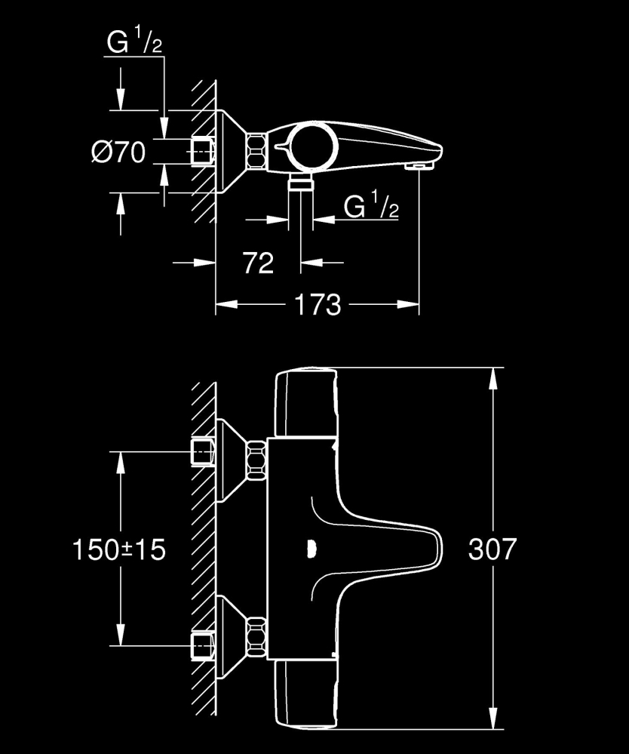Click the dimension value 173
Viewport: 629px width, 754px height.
[x=317, y=305]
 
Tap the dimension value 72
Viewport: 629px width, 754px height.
[x=258, y=263]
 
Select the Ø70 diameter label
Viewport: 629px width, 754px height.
[x=118, y=153]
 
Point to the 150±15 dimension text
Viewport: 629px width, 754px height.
[x=119, y=549]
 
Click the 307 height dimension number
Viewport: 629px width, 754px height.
[x=492, y=549]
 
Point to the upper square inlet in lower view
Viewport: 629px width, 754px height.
[x=203, y=452]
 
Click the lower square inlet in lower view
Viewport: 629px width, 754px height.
[x=203, y=646]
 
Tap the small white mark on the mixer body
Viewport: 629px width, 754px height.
[x=311, y=549]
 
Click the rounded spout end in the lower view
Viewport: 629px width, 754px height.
[x=433, y=549]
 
